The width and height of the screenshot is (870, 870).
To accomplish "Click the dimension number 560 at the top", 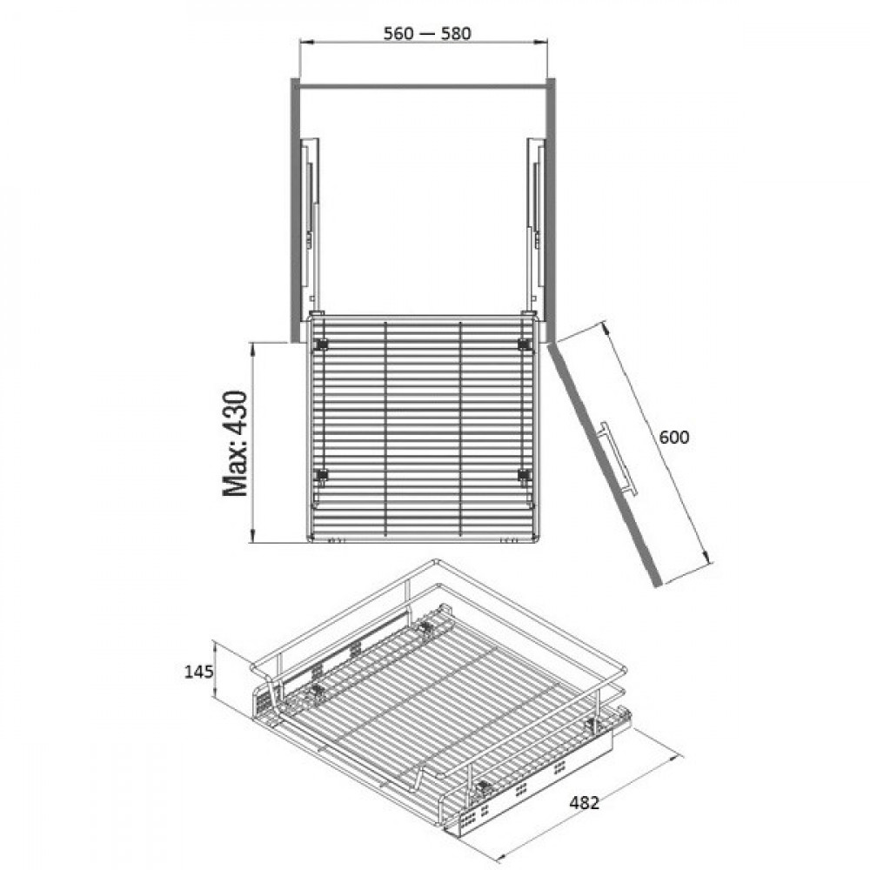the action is coord(398,34).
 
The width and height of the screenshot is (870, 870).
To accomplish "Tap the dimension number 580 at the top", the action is coord(456,34).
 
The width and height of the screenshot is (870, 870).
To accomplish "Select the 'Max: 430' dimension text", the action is coord(235,443).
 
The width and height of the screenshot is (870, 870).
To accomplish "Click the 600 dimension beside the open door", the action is coord(674,438).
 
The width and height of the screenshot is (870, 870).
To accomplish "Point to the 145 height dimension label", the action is coord(198,672).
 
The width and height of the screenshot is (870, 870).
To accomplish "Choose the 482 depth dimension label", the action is coord(585,802).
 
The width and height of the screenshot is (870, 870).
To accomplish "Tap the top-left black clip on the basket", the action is coord(321,345).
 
